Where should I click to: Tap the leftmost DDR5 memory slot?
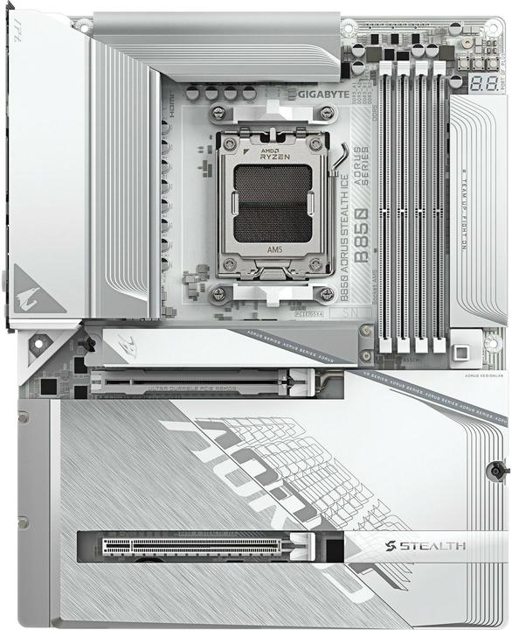tap(384, 210)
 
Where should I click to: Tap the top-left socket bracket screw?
tap(218, 113)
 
